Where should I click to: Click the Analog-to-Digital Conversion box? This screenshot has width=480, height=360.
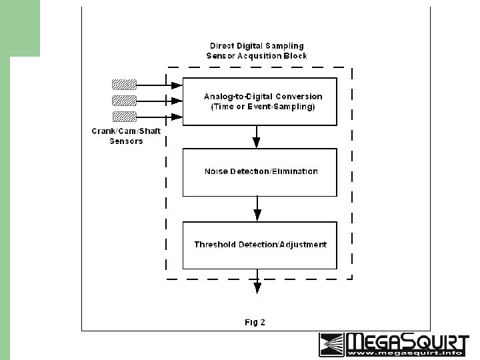260,101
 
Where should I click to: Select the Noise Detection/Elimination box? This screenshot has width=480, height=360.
260,172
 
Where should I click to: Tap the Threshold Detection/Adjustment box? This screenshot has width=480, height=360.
260,245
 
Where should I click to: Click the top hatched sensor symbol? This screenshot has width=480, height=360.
124,85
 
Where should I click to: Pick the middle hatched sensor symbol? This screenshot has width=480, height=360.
124,101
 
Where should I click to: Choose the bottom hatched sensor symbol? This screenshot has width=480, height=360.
124,117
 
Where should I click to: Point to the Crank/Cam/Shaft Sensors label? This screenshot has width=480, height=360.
126,136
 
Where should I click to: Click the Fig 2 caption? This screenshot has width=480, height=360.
255,323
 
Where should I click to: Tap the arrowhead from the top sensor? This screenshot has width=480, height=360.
177,85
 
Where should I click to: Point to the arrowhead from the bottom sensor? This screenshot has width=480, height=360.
177,117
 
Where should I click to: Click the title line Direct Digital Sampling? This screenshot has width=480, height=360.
259,45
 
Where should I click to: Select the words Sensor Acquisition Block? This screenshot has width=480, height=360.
257,56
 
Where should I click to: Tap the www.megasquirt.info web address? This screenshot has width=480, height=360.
407,354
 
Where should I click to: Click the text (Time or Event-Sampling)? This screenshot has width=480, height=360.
263,107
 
